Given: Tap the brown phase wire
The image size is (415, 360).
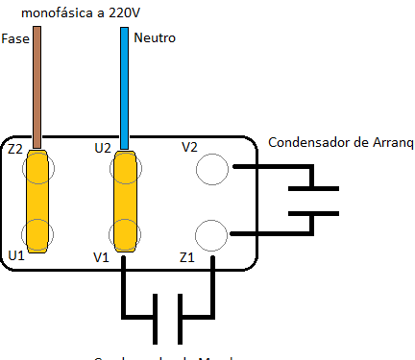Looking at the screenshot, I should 37,86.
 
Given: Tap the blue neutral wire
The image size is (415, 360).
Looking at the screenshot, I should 125,86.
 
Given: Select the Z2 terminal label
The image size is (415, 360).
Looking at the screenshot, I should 14,150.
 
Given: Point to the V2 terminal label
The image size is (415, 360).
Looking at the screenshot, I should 190,148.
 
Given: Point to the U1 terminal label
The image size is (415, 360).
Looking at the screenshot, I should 15,255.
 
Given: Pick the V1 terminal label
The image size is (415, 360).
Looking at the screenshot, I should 103,257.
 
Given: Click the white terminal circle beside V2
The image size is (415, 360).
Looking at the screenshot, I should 211,169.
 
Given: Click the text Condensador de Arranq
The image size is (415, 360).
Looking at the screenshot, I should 339,142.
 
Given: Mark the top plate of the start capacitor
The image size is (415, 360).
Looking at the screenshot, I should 313,188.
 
